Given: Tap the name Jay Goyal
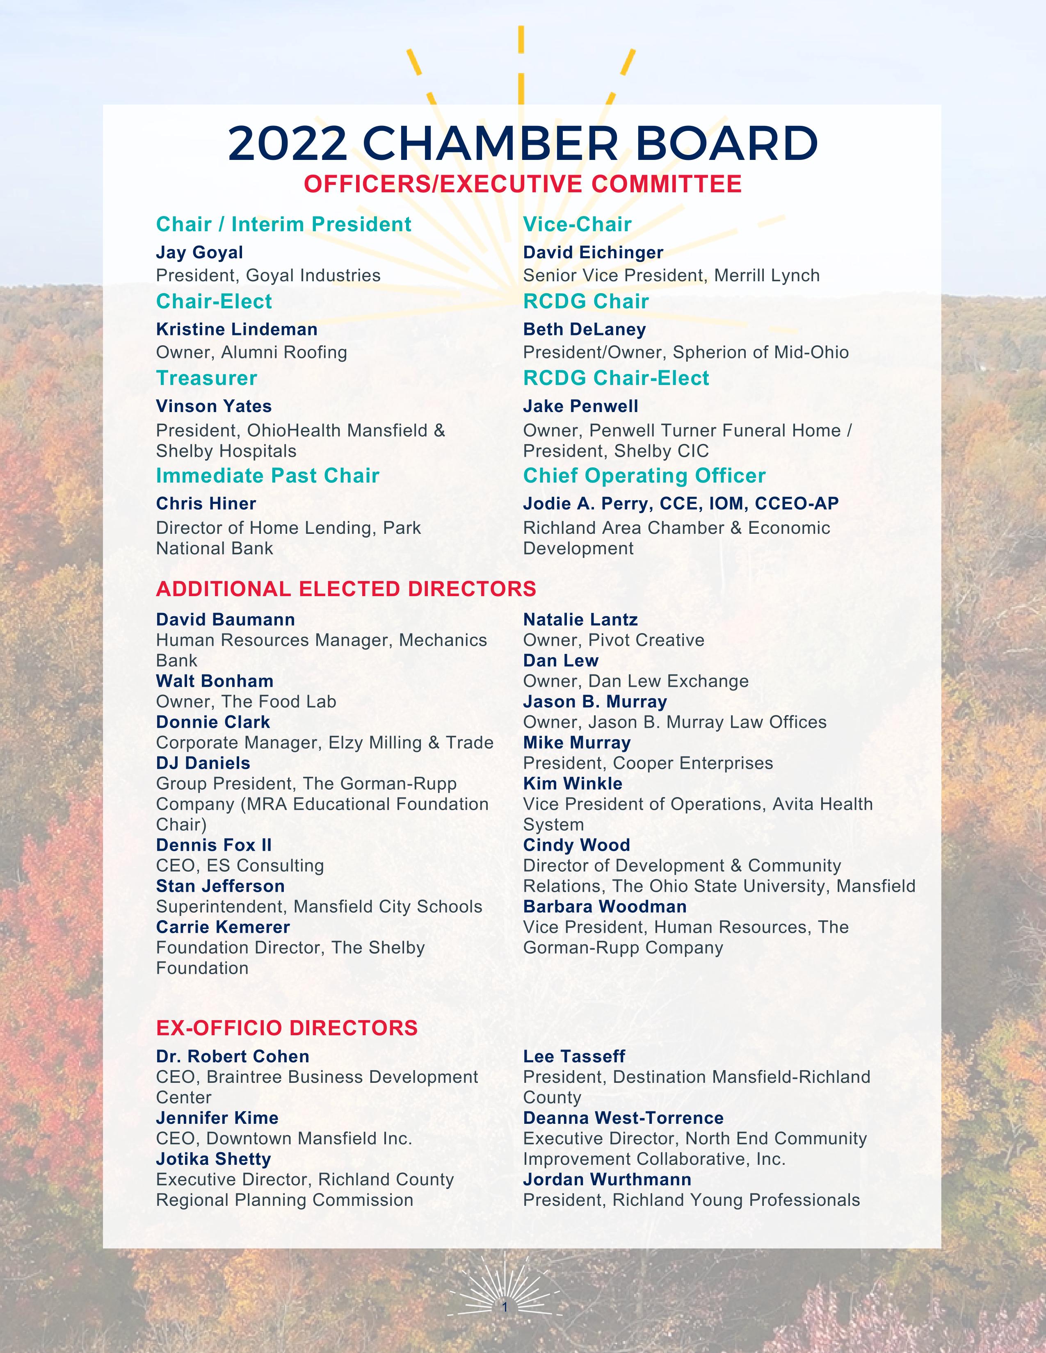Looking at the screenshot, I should (199, 253).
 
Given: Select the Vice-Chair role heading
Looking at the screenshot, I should (577, 224).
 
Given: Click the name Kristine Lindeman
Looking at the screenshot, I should (237, 330).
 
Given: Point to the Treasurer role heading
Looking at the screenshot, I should (206, 378).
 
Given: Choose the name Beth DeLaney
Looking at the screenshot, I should (585, 330).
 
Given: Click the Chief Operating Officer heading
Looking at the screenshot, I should (644, 476).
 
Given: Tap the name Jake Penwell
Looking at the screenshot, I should (580, 406).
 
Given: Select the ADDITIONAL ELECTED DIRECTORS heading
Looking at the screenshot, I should (346, 588).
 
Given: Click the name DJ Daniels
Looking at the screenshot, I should (203, 763).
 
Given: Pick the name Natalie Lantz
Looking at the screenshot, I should (580, 620).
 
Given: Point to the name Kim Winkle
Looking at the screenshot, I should (573, 784).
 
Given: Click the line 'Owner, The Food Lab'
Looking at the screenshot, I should (246, 702).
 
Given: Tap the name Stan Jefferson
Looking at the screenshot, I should (220, 886).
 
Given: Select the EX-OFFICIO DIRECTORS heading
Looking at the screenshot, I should (287, 1028).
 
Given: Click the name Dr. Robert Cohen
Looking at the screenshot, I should (232, 1057).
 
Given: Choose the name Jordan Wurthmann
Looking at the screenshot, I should (607, 1180).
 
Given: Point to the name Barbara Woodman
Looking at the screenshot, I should (605, 907).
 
